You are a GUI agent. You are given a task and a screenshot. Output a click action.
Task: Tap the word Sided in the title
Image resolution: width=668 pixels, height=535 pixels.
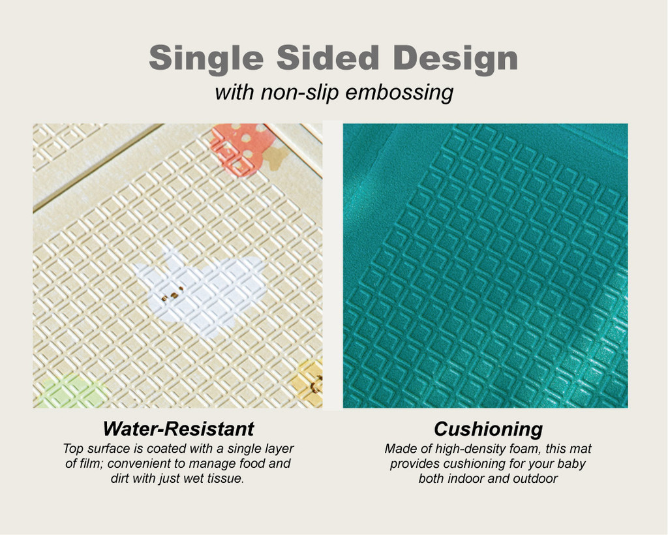tap(328, 57)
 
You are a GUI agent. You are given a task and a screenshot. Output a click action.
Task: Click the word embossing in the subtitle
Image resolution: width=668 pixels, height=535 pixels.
tap(400, 93)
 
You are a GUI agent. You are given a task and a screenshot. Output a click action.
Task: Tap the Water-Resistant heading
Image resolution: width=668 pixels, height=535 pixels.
tap(178, 429)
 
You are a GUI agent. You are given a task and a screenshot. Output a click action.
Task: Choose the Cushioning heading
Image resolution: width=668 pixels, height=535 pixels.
tap(488, 429)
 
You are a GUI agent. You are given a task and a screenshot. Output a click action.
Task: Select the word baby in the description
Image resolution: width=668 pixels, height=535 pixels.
tap(571, 465)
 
